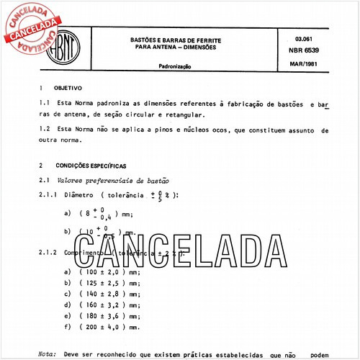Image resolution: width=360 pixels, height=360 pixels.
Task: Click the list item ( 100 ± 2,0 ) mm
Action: click(x=110, y=271)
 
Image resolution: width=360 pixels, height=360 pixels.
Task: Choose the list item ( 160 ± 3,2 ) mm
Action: click(x=110, y=304)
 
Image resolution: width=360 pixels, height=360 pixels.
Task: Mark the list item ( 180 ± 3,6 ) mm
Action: click(x=110, y=315)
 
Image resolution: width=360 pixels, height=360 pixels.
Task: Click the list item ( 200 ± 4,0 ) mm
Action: click(x=110, y=326)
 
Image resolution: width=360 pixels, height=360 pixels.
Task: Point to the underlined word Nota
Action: click(x=47, y=354)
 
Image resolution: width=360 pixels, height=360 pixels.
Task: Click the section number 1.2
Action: click(x=45, y=130)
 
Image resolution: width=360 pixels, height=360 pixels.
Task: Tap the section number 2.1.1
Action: click(x=49, y=195)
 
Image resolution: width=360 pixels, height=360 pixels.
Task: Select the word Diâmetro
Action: click(x=78, y=195)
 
